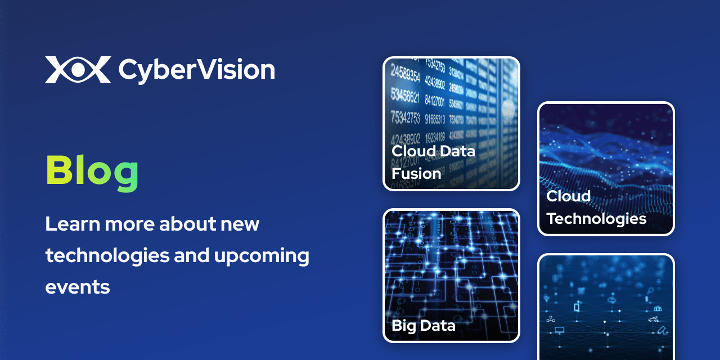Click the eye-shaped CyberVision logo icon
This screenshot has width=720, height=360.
tap(78, 70)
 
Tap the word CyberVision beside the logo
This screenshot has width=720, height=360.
tap(196, 70)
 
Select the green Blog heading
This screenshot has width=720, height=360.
tap(92, 172)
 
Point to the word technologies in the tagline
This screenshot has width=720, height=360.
tap(107, 256)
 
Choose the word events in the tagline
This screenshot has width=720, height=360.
tap(77, 287)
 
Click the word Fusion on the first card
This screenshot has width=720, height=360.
tap(416, 173)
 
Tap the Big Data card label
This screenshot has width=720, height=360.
tap(423, 325)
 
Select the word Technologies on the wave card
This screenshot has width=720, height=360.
tap(596, 218)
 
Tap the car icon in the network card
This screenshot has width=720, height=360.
tap(652, 319)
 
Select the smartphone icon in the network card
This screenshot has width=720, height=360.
tap(577, 307)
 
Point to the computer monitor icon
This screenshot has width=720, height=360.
tap(559, 330)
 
